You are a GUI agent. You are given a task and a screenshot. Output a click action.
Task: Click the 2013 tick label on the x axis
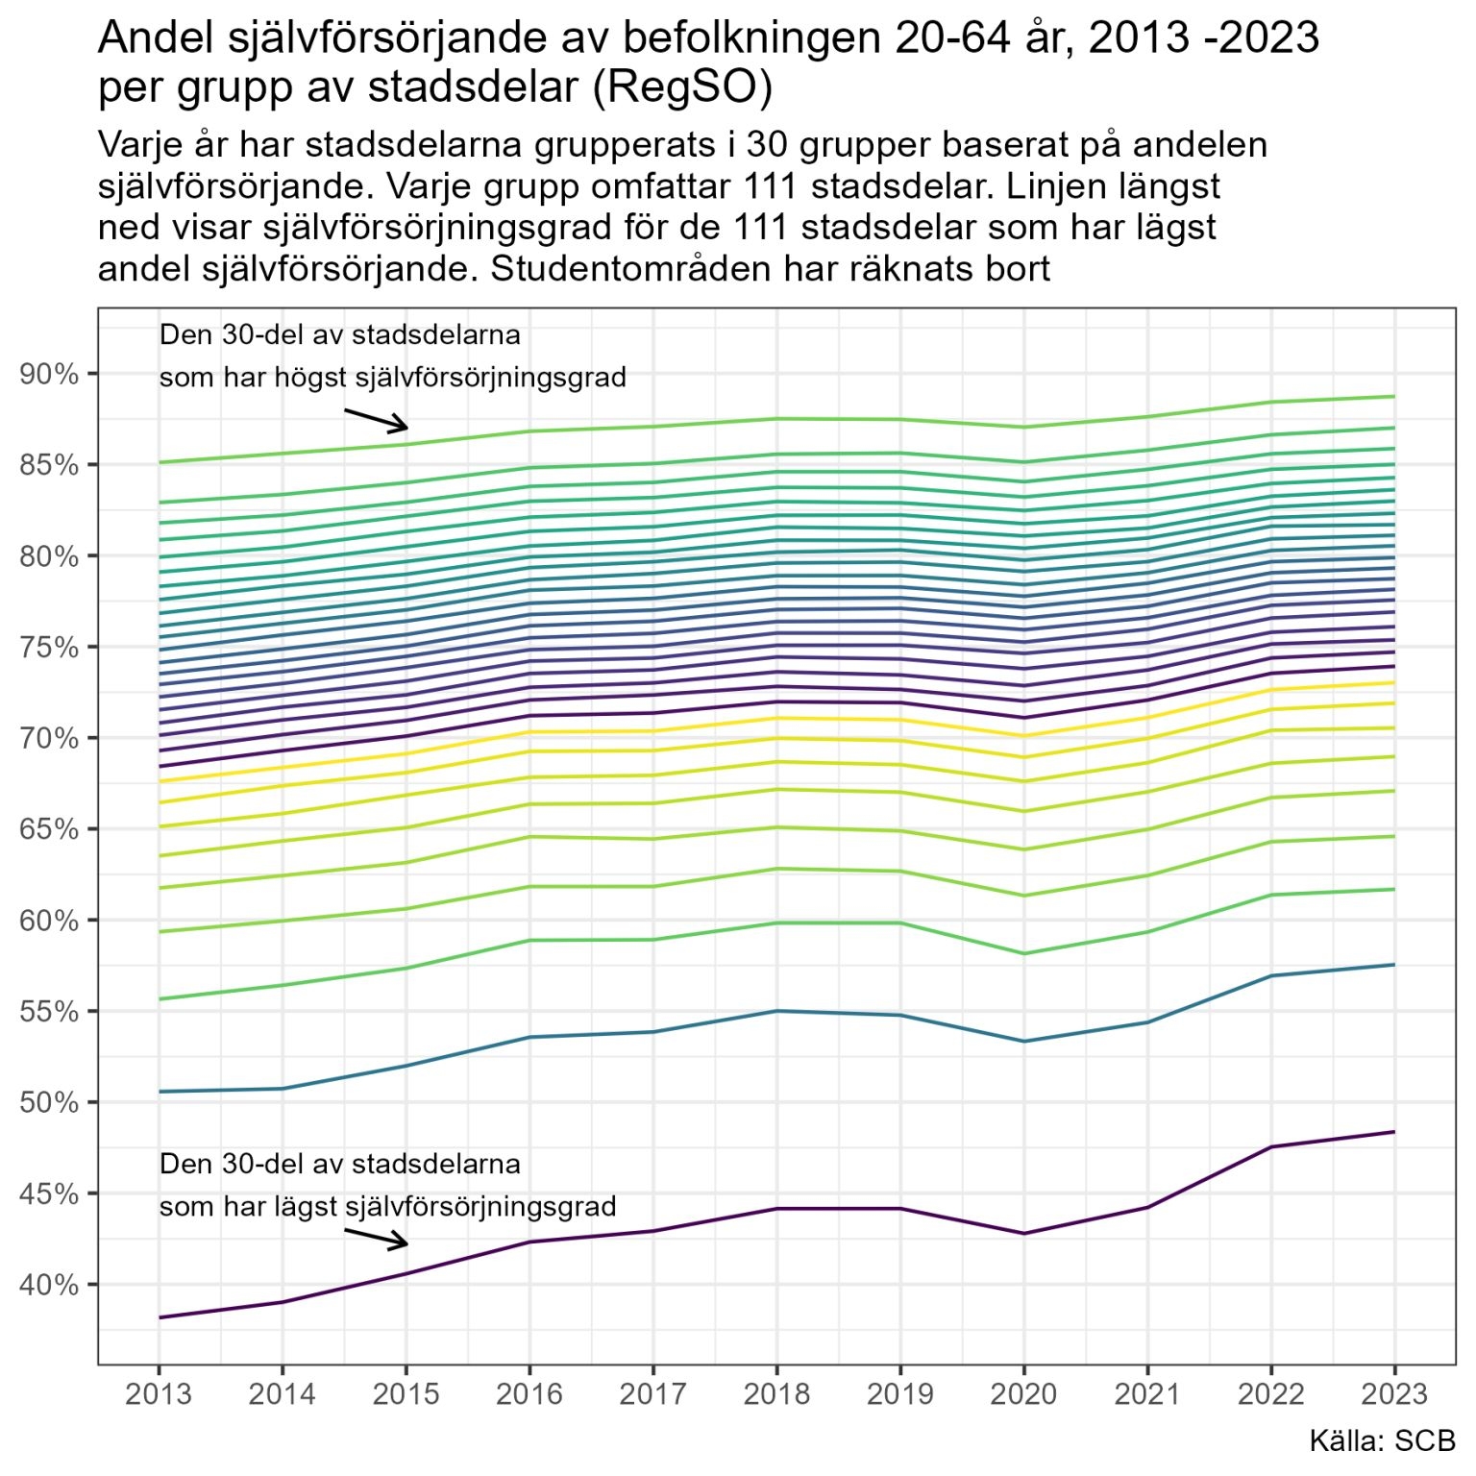159,1393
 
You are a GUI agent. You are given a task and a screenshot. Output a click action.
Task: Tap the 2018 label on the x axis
776,1393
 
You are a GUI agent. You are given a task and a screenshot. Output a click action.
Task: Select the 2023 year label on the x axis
1394,1393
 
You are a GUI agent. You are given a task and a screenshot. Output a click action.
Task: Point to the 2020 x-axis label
1023,1393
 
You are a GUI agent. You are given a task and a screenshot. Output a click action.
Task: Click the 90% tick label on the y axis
49,374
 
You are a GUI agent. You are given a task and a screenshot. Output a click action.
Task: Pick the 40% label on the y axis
49,1285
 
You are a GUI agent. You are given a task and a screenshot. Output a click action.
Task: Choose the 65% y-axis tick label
49,829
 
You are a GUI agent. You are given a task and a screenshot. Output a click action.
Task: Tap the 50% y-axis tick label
49,1102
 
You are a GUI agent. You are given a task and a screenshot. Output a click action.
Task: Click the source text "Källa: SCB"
1382,1440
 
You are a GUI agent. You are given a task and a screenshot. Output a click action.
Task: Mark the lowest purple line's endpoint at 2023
1394,1132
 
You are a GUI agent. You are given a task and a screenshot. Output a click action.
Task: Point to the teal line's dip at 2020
1023,1042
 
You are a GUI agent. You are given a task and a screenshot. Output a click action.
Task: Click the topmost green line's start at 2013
160,462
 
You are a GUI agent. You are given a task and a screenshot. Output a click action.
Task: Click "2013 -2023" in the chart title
1204,38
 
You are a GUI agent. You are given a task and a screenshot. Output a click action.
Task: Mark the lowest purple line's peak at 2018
776,1208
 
